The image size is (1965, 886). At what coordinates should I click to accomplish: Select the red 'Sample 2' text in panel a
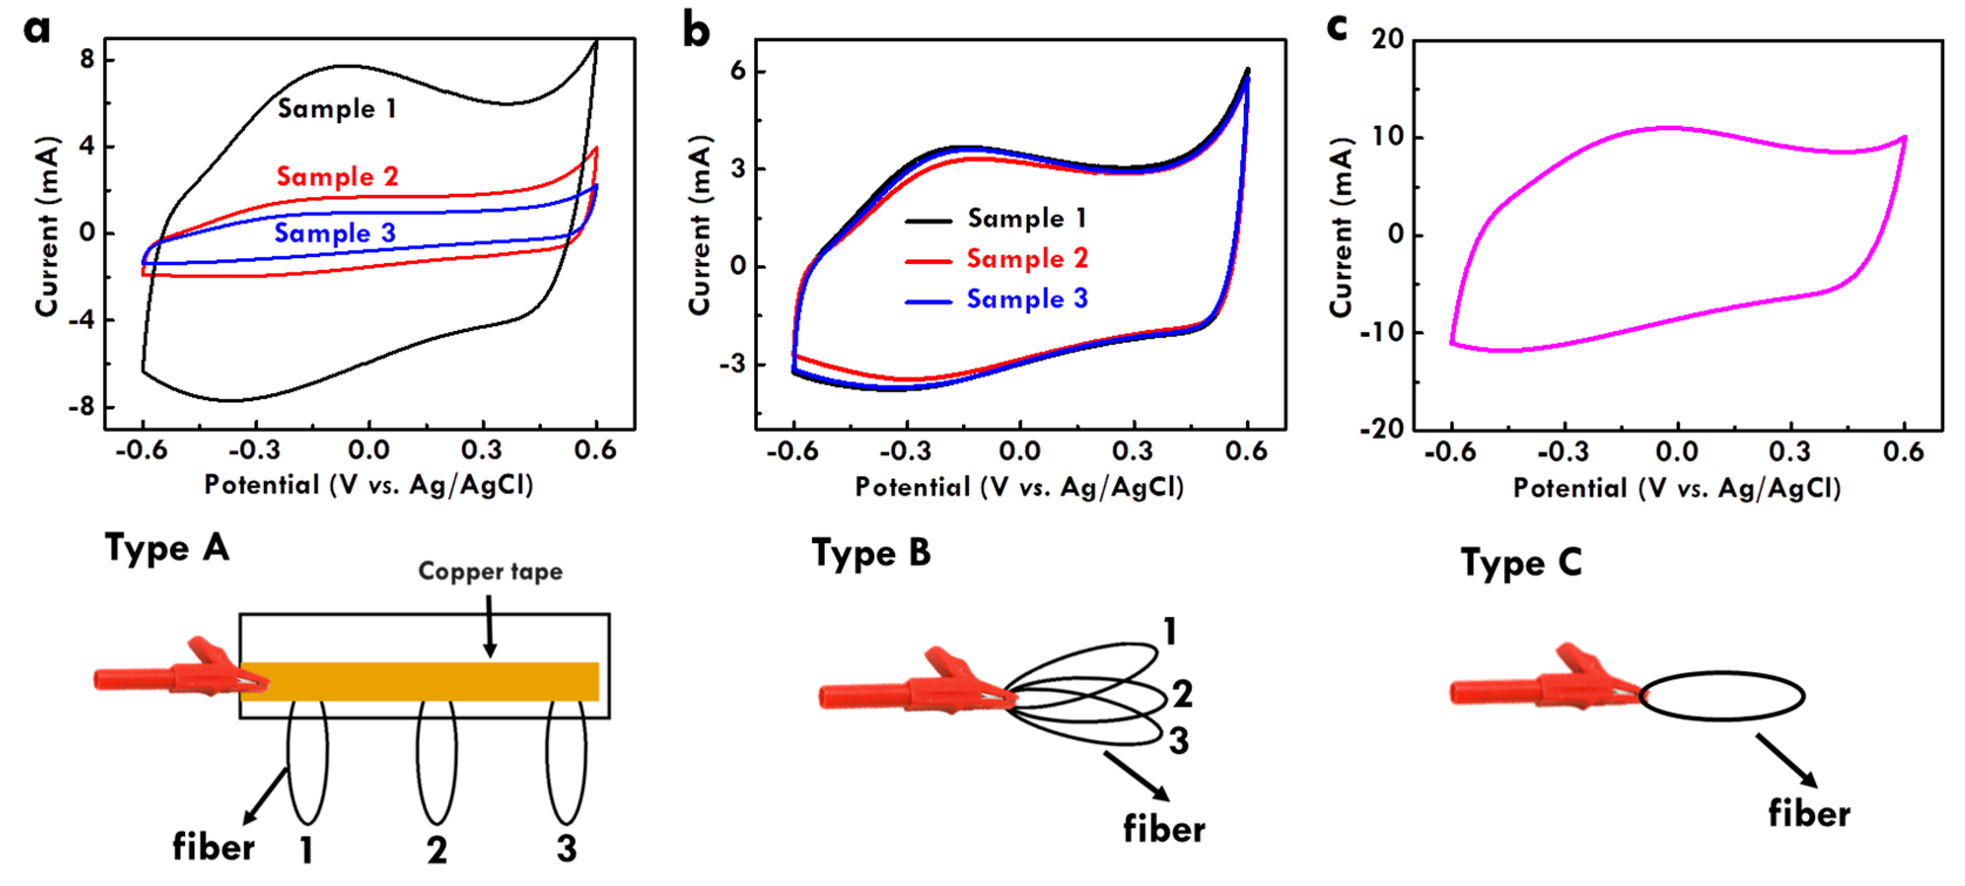click(x=337, y=177)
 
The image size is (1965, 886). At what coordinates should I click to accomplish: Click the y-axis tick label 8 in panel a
click(x=88, y=59)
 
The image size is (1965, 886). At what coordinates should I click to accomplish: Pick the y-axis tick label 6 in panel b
click(x=738, y=71)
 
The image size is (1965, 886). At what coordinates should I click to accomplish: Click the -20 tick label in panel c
click(x=1382, y=429)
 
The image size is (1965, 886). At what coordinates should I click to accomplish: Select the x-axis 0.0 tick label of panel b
click(x=1020, y=452)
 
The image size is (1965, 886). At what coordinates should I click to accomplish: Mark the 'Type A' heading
click(x=167, y=548)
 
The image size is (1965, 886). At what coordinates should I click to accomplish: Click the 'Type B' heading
click(x=871, y=553)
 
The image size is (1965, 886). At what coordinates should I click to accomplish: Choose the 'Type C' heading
click(x=1521, y=563)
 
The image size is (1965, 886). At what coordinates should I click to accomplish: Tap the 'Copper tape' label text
click(x=490, y=572)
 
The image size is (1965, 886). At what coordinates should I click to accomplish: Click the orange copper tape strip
click(x=427, y=681)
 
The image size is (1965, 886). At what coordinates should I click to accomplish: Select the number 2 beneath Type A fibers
click(x=436, y=850)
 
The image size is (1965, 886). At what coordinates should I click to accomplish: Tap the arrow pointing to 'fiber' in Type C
click(x=1787, y=760)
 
